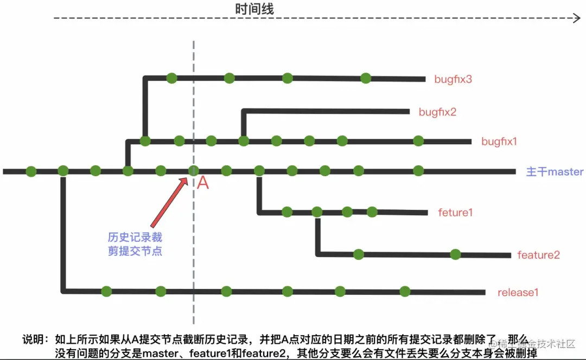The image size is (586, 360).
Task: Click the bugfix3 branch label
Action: click(x=453, y=79)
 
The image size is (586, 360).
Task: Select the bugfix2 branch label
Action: click(x=437, y=112)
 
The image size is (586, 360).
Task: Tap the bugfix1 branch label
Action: click(x=499, y=142)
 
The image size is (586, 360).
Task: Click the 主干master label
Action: click(x=555, y=172)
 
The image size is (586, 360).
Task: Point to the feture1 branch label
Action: click(x=455, y=213)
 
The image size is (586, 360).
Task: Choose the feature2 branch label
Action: click(x=538, y=255)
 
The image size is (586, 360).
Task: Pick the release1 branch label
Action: click(x=518, y=293)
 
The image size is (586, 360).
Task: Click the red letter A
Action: click(x=202, y=183)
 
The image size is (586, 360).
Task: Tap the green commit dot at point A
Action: click(x=193, y=171)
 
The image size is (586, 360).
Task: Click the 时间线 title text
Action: click(x=254, y=9)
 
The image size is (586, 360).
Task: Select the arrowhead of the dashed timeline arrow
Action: click(x=577, y=18)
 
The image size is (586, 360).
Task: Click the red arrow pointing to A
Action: click(x=169, y=203)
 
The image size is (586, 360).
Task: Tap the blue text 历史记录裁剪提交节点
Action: click(x=135, y=244)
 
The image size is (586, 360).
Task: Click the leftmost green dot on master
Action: click(x=31, y=171)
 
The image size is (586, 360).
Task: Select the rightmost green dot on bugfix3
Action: click(x=366, y=78)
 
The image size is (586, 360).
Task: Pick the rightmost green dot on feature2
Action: click(x=455, y=254)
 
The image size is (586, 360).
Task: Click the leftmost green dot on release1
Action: click(x=106, y=292)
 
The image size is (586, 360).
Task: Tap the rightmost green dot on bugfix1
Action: click(x=418, y=141)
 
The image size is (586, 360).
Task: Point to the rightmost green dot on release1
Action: click(x=405, y=292)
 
